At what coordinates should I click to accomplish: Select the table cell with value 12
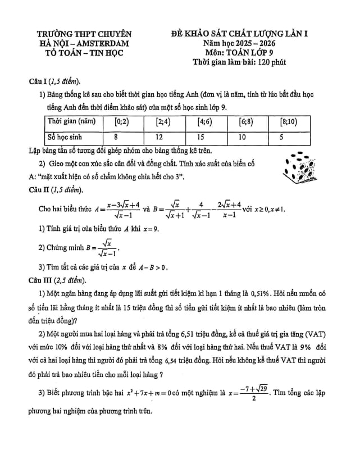pos(159,137)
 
